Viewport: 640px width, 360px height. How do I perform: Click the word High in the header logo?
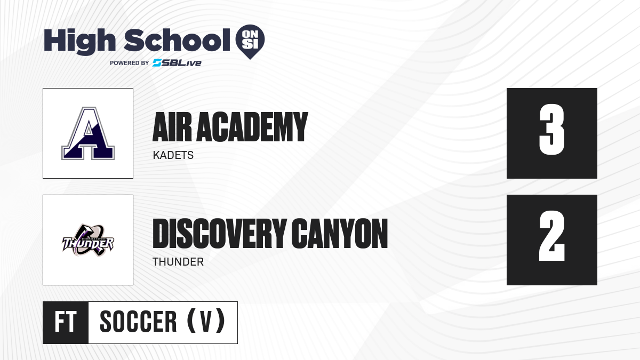tap(79, 41)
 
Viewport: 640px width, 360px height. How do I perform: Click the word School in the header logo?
tap(177, 40)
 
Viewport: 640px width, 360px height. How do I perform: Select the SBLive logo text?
tap(177, 63)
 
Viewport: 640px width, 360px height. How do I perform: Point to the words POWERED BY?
tap(130, 63)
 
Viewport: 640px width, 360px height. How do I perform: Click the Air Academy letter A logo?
tap(88, 133)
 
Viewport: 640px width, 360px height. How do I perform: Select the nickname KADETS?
tap(173, 155)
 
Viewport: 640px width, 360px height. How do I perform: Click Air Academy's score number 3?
tap(551, 130)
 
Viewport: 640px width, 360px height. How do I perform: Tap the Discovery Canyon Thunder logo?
tap(88, 241)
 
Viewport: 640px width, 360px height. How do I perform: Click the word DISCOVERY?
tap(219, 234)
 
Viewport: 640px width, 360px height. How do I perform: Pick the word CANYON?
tap(339, 234)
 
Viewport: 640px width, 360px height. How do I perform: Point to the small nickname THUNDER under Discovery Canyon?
tap(178, 262)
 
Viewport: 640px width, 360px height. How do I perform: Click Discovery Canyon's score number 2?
tap(551, 236)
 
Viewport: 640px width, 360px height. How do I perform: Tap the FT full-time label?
tap(66, 322)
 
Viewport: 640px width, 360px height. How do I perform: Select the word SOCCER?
tap(138, 322)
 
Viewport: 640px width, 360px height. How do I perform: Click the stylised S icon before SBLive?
tap(157, 63)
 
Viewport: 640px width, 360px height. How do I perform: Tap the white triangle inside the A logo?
tap(89, 129)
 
